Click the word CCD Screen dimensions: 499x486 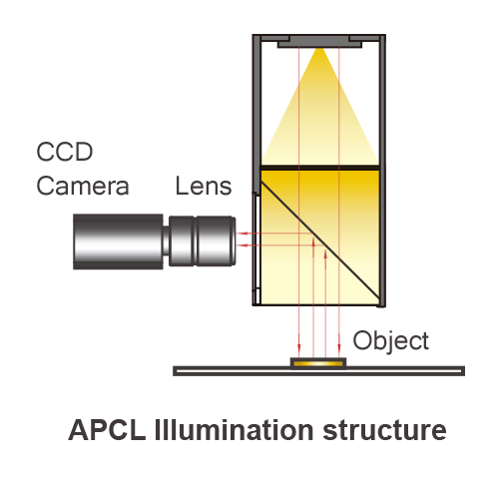click(65, 152)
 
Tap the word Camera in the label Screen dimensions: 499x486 click(83, 186)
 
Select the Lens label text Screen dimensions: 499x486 click(204, 186)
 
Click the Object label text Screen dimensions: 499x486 click(390, 341)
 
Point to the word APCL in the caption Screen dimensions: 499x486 click(107, 430)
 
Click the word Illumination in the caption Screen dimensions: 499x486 click(234, 430)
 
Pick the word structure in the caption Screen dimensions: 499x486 click(384, 430)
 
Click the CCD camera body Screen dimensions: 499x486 click(118, 242)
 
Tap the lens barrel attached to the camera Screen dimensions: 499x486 click(203, 242)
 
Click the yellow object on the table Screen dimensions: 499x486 click(318, 363)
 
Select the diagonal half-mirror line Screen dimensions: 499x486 click(320, 240)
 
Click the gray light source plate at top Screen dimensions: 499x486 click(319, 42)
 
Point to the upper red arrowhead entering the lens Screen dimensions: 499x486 click(240, 234)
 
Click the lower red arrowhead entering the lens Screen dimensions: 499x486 click(240, 245)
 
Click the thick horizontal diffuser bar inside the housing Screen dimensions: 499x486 click(320, 168)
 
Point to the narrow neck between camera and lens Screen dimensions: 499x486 click(166, 242)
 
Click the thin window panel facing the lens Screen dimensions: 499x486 click(256, 248)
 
